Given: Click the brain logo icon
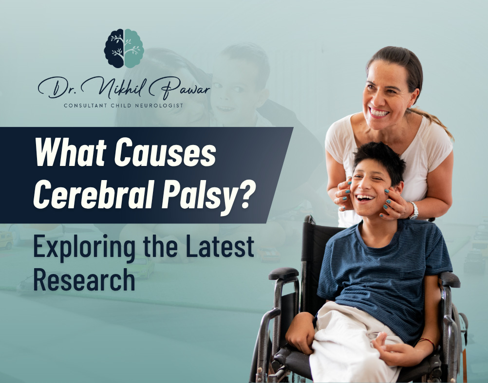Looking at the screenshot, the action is tap(124, 48).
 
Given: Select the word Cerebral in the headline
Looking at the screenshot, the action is tap(93, 195).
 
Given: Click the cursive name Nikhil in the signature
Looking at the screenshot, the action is tap(121, 88).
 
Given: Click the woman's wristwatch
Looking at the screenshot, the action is tap(413, 210).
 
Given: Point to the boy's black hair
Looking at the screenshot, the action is tap(380, 160).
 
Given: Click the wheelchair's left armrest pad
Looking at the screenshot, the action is tap(283, 274).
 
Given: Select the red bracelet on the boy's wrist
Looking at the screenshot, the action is tap(427, 342).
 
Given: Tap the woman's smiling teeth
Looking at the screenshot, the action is tap(378, 112).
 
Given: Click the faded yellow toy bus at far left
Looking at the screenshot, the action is tap(6, 240).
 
